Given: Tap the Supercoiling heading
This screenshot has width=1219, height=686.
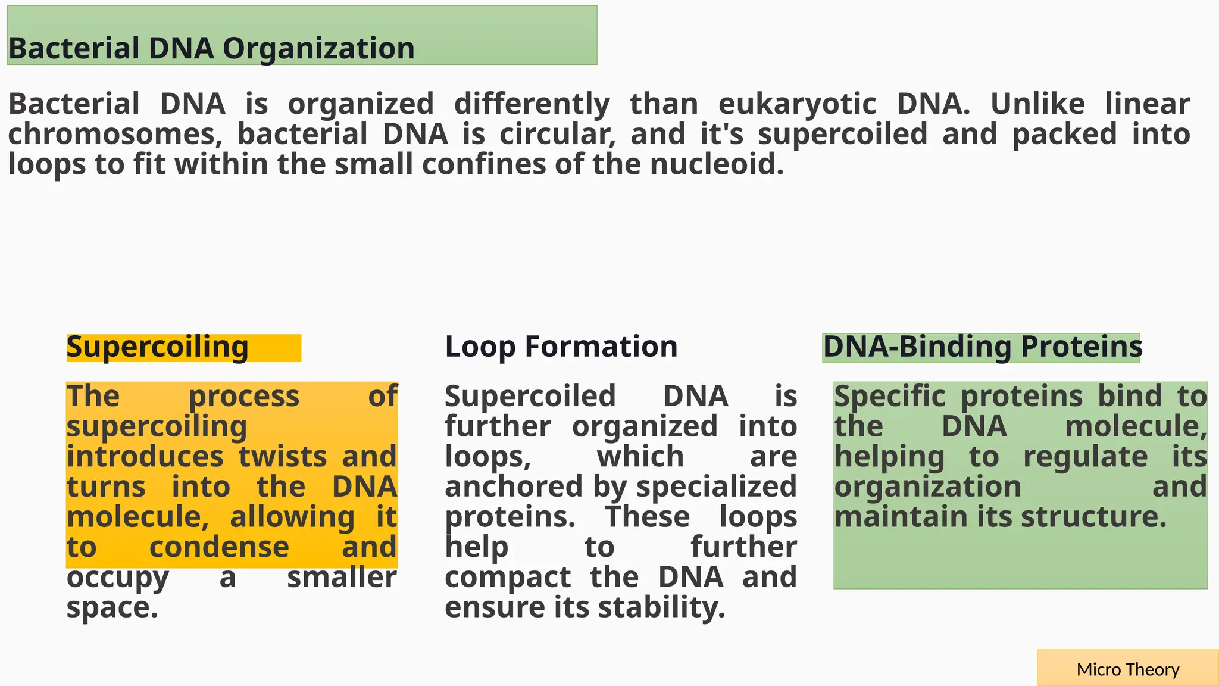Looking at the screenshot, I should pos(158,347).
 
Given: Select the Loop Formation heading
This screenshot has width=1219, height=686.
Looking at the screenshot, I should pos(561,347).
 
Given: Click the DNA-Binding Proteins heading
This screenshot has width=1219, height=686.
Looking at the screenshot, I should pos(982,347).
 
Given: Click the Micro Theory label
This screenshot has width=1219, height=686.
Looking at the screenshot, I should pos(1127,670).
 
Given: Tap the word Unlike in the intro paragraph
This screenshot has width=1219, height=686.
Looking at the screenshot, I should pos(1037,104).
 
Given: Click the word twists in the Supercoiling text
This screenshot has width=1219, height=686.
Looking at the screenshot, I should pos(283,457).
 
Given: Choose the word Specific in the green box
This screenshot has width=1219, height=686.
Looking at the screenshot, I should pos(889,397).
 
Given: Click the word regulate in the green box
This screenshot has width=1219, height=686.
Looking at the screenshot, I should pos(1085,457).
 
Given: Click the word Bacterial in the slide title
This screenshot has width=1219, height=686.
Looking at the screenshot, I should pos(74,49).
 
